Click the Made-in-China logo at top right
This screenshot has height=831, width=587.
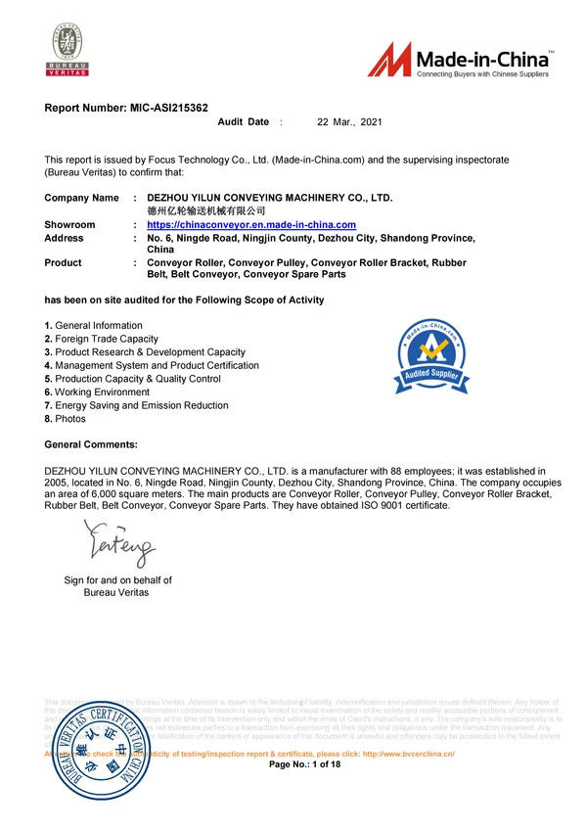point(461,61)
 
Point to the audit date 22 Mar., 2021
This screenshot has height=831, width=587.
point(349,122)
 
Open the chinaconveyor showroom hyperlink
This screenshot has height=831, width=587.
point(250,225)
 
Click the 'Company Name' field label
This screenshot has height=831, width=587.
point(82,198)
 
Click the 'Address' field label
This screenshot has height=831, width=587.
point(65,238)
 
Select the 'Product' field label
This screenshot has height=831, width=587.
point(64,263)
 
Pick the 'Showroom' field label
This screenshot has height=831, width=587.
point(70,225)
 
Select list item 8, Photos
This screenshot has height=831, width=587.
point(66,419)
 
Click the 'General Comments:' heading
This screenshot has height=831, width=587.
point(92,445)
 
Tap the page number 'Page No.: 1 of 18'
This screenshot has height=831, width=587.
point(304,763)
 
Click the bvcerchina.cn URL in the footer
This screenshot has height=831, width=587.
point(409,754)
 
